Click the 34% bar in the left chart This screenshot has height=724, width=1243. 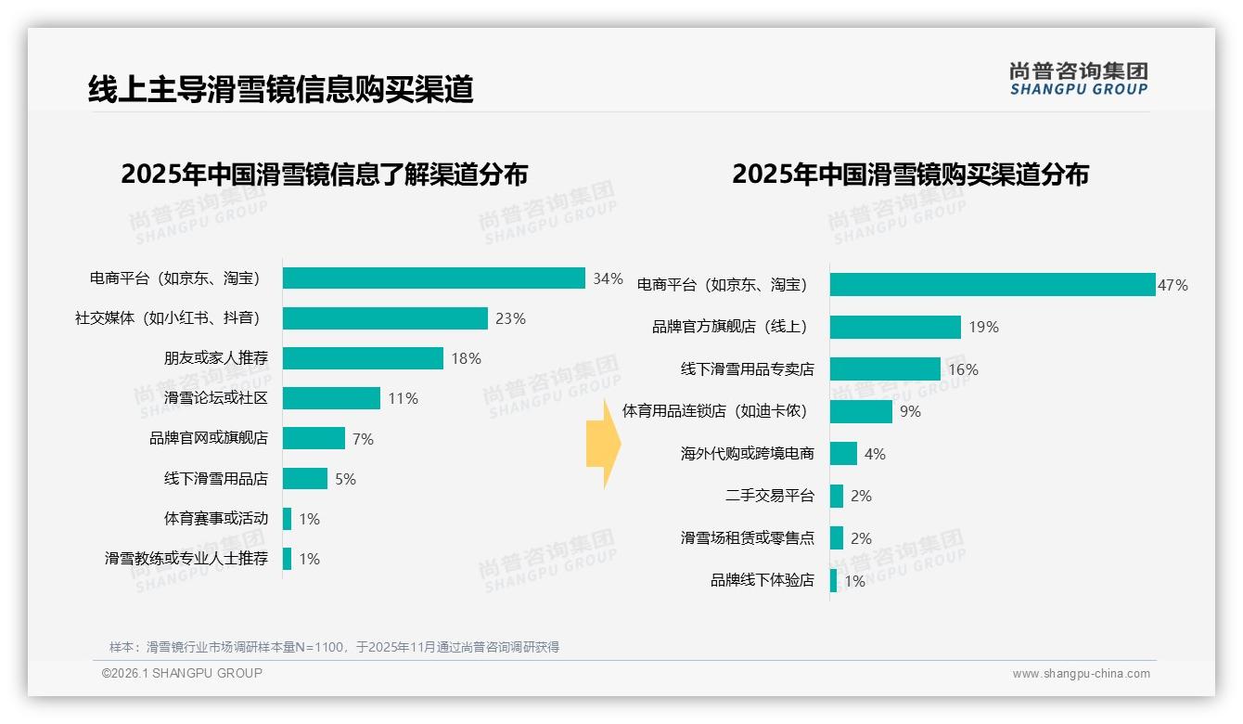[433, 278]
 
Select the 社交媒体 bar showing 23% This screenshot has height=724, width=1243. [385, 318]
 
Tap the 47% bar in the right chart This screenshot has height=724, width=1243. [992, 285]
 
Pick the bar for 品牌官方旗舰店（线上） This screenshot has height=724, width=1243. [895, 327]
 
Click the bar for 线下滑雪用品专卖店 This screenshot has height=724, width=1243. [885, 369]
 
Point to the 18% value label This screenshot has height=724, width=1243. [466, 358]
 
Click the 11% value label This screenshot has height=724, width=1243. [403, 398]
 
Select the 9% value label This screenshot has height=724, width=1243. [910, 411]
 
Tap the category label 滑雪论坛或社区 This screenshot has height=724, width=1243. [215, 398]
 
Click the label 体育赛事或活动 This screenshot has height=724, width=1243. [215, 518]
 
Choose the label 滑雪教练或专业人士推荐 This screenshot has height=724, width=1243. [186, 559]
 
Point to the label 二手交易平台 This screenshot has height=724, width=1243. [769, 496]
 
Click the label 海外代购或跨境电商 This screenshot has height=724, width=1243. [747, 454]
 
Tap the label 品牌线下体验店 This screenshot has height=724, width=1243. [762, 580]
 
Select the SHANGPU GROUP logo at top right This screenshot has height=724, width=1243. [1078, 79]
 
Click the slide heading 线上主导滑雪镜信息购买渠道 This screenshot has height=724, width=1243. [280, 89]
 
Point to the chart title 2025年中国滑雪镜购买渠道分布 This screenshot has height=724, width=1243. [910, 174]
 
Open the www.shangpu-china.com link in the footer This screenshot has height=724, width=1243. [1081, 674]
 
